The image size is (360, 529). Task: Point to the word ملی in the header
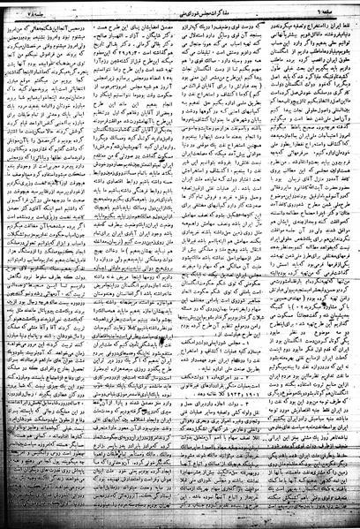pyautogui.click(x=148, y=8)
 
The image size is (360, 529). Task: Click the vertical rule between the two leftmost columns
pyautogui.click(x=122, y=265)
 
